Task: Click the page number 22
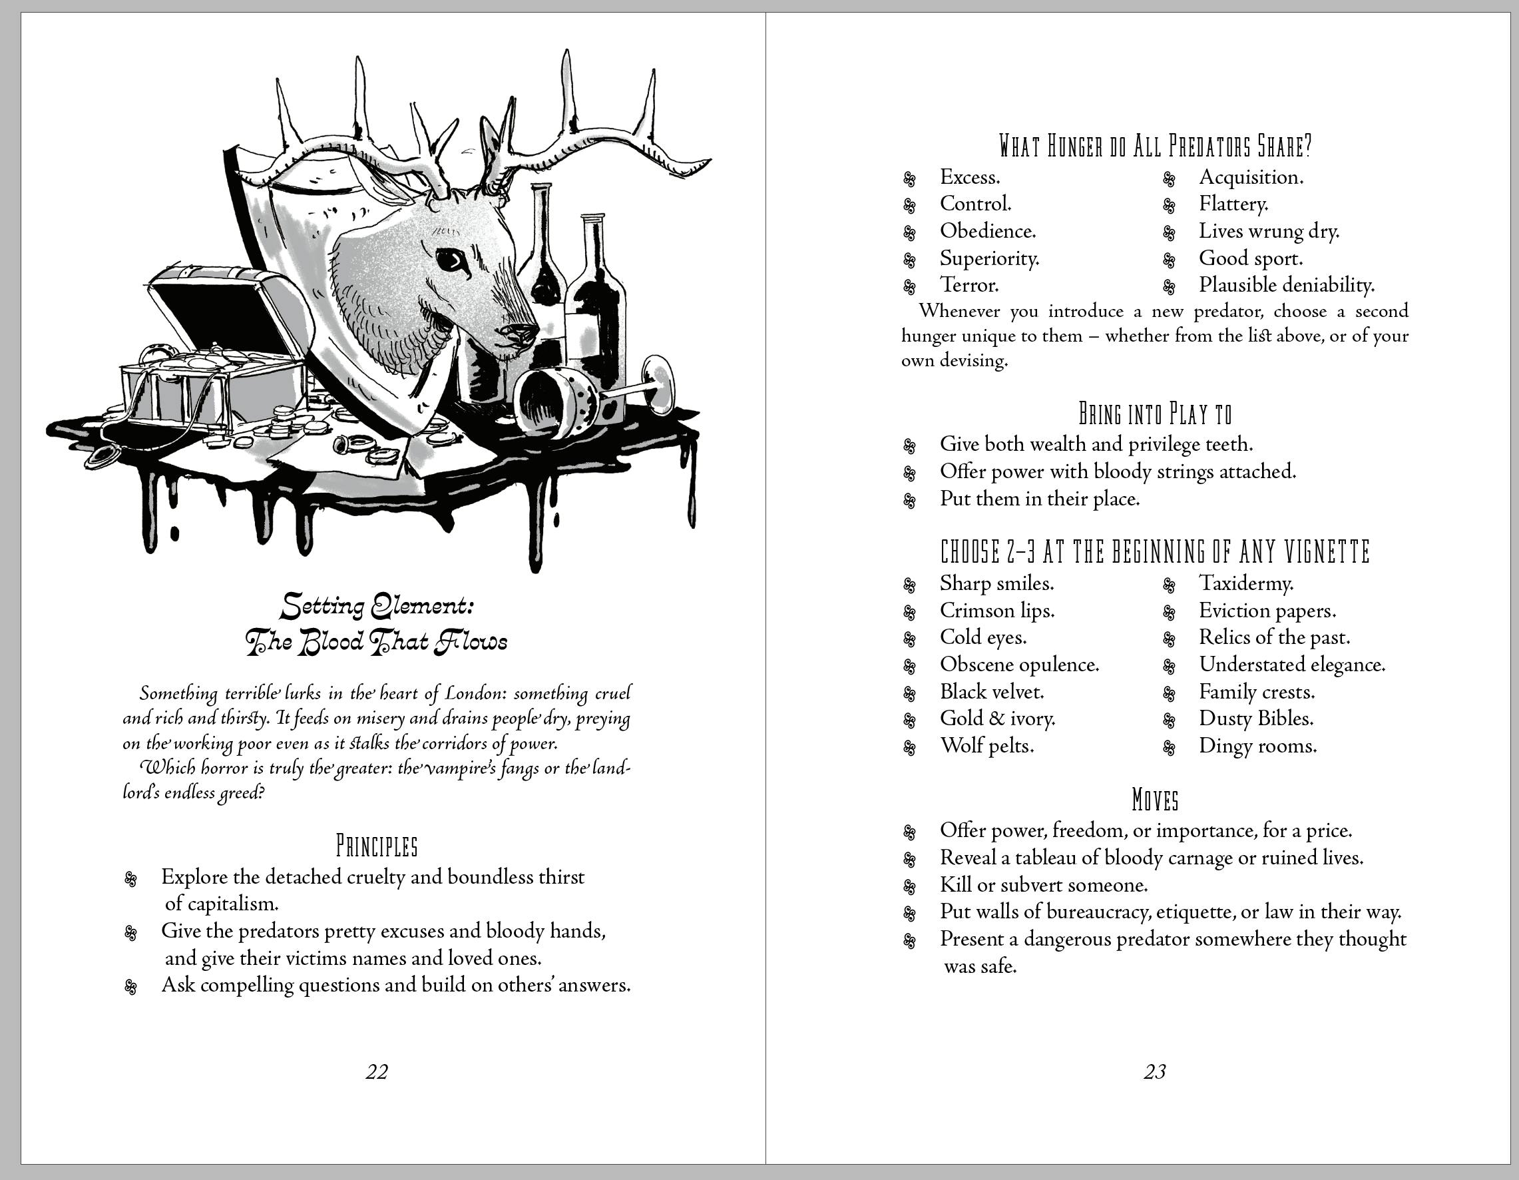(x=376, y=1072)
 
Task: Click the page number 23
(x=1154, y=1072)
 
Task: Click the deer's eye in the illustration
(x=449, y=260)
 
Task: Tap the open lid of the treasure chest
(x=222, y=306)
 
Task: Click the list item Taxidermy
(x=1245, y=583)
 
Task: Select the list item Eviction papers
(x=1267, y=611)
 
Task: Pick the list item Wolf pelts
(x=986, y=746)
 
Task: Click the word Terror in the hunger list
(x=970, y=284)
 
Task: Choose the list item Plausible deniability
(x=1286, y=284)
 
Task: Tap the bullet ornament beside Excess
(x=909, y=179)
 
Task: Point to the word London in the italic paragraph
(x=476, y=693)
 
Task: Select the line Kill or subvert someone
(x=1043, y=885)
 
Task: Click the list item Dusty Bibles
(x=1255, y=719)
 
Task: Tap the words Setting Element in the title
(x=376, y=607)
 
